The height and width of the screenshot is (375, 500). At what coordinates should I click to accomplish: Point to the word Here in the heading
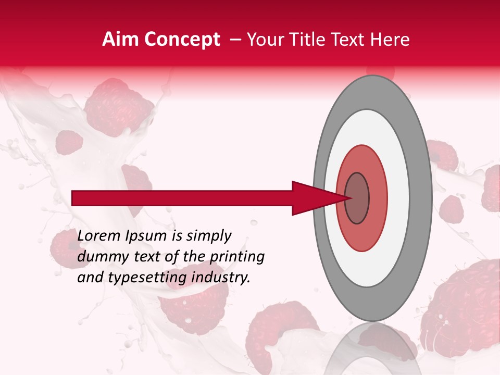pyautogui.click(x=390, y=40)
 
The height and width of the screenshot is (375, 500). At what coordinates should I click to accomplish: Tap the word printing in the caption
pyautogui.click(x=236, y=257)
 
